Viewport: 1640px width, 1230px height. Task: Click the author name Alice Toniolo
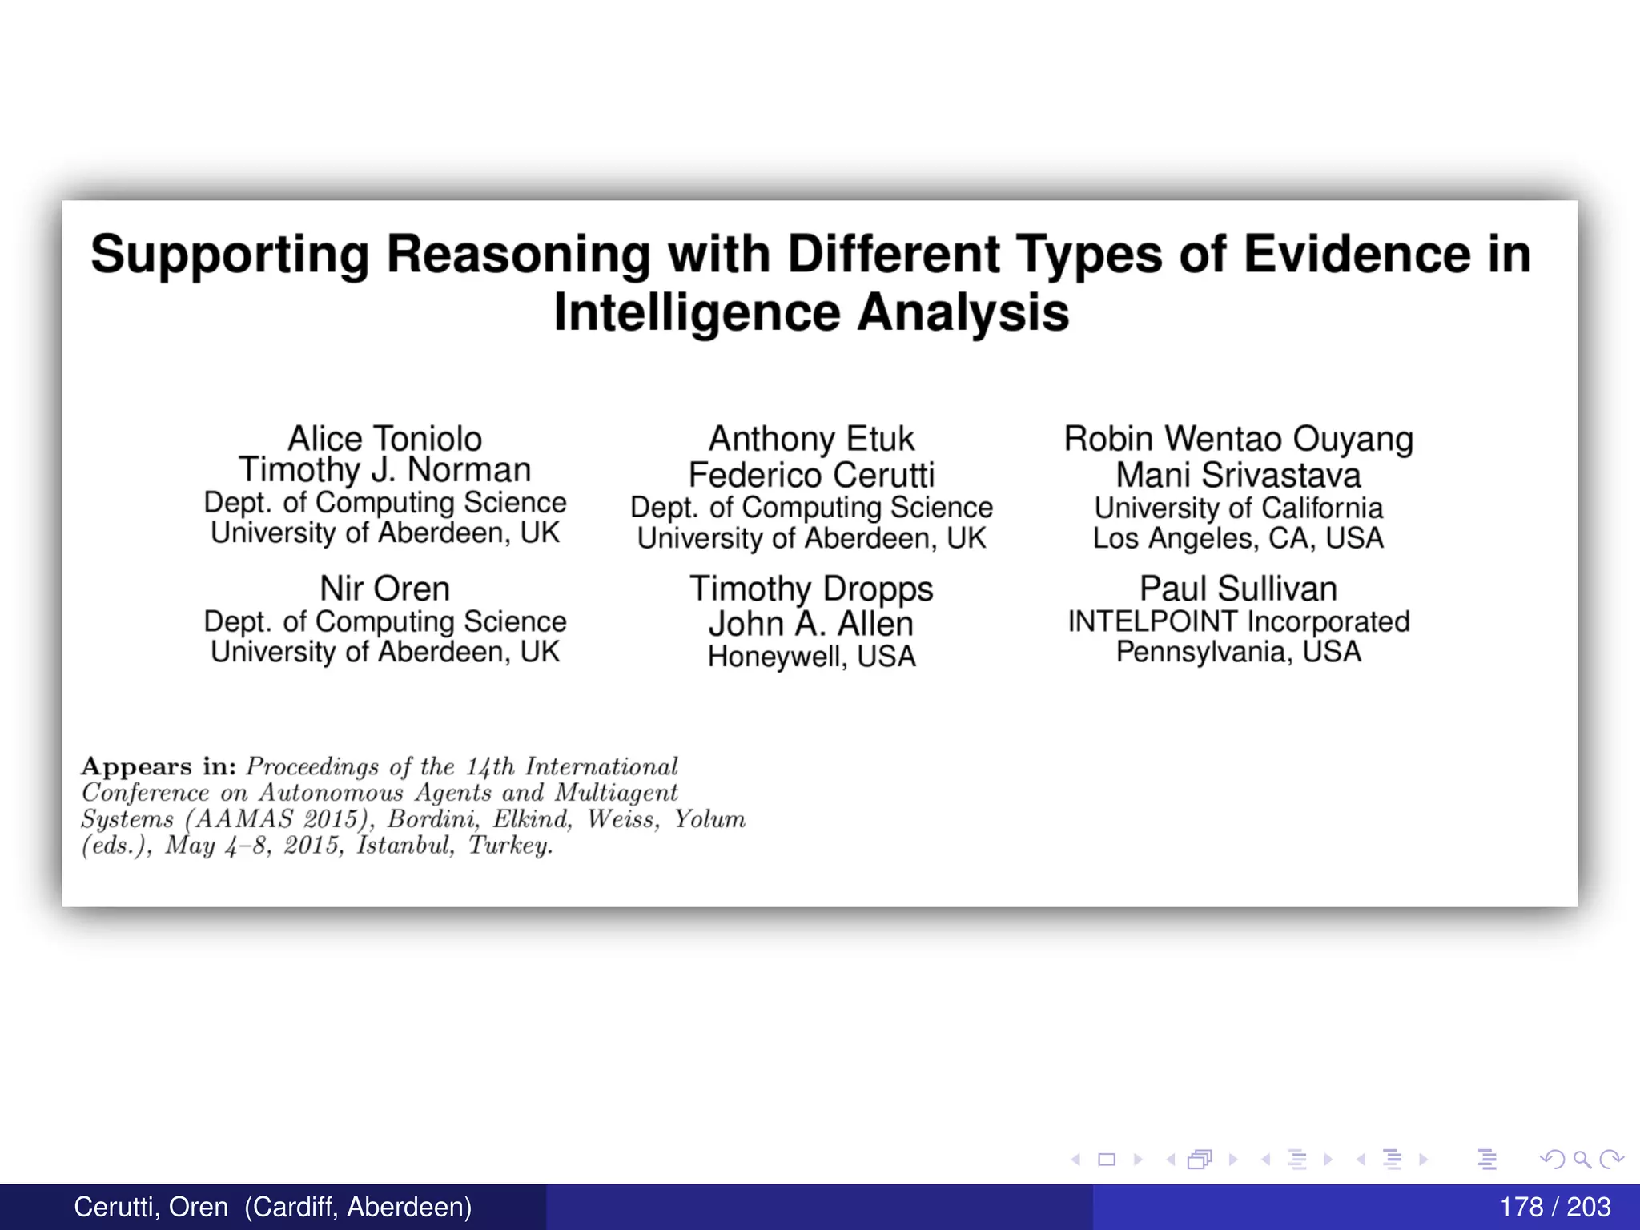(384, 439)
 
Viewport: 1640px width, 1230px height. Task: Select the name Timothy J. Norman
(384, 470)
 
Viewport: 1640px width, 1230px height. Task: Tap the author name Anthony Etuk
(811, 439)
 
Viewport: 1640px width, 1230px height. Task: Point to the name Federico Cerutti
(811, 475)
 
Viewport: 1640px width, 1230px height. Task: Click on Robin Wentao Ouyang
(1238, 439)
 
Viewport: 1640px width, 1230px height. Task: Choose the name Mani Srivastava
(1238, 475)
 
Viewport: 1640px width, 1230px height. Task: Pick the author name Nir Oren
(384, 589)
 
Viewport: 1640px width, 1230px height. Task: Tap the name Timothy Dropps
(811, 589)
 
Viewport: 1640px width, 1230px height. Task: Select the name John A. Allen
(811, 624)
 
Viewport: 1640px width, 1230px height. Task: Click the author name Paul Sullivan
(1238, 589)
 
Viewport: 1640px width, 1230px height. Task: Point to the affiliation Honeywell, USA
(811, 657)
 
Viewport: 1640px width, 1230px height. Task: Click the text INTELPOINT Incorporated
(1238, 621)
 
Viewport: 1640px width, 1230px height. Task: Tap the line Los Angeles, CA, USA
(1238, 538)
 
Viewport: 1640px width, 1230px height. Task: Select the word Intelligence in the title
(697, 312)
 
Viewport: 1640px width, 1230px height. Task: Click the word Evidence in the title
(1357, 255)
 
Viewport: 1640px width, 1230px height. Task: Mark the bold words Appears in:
(159, 766)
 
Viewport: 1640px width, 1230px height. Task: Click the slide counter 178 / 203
(1554, 1207)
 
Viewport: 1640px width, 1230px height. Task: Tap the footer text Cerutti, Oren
(151, 1207)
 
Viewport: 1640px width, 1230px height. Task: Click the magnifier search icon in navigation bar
(1582, 1159)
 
